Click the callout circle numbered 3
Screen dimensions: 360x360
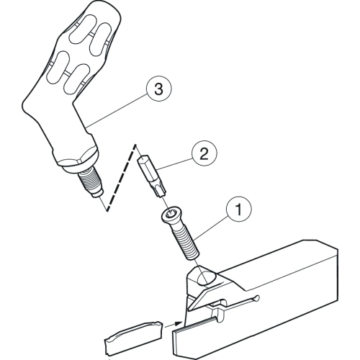tap(158, 89)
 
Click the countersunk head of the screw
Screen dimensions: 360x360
tap(171, 216)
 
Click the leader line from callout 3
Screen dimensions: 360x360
tap(117, 110)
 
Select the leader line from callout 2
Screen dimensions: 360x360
tap(175, 164)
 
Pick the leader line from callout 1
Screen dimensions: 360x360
tap(212, 227)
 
